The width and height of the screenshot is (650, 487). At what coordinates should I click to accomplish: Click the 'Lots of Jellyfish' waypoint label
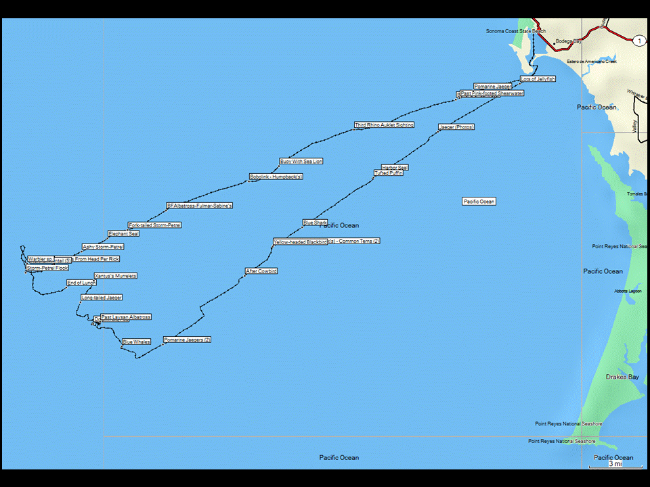tap(538, 79)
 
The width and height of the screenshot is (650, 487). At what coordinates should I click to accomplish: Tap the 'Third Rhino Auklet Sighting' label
tap(384, 125)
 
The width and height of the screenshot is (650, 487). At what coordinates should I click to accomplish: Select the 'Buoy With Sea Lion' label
tap(301, 162)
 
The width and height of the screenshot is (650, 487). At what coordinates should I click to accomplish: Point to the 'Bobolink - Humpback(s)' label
tap(276, 177)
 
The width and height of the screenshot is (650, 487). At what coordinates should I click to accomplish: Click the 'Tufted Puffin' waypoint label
tap(389, 173)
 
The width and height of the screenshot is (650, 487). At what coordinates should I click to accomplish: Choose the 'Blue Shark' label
tap(315, 223)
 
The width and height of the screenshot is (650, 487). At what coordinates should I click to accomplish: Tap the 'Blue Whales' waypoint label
tap(136, 342)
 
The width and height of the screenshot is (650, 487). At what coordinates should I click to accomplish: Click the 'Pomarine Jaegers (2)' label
tap(188, 340)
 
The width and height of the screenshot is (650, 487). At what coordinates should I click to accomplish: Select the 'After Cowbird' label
tap(261, 271)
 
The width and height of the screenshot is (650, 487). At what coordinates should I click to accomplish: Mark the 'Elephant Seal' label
tap(124, 233)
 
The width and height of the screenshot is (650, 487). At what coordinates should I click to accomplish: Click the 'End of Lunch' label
tap(81, 283)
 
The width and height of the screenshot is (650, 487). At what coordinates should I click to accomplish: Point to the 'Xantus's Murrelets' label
tap(116, 276)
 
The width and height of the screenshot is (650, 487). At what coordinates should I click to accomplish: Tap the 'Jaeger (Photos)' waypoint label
tap(456, 127)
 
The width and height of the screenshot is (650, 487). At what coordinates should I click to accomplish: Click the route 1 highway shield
tap(638, 41)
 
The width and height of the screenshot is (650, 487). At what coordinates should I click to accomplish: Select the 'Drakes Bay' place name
tap(622, 377)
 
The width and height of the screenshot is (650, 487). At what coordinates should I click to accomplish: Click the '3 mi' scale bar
tap(615, 465)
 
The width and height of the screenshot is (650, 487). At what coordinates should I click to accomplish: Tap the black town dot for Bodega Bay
tap(554, 44)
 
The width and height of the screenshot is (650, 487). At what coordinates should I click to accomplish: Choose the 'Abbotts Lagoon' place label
tap(628, 291)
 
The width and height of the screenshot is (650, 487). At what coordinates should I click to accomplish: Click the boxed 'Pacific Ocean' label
tap(479, 202)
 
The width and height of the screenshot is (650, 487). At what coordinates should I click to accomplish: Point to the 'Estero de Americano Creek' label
tap(592, 62)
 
